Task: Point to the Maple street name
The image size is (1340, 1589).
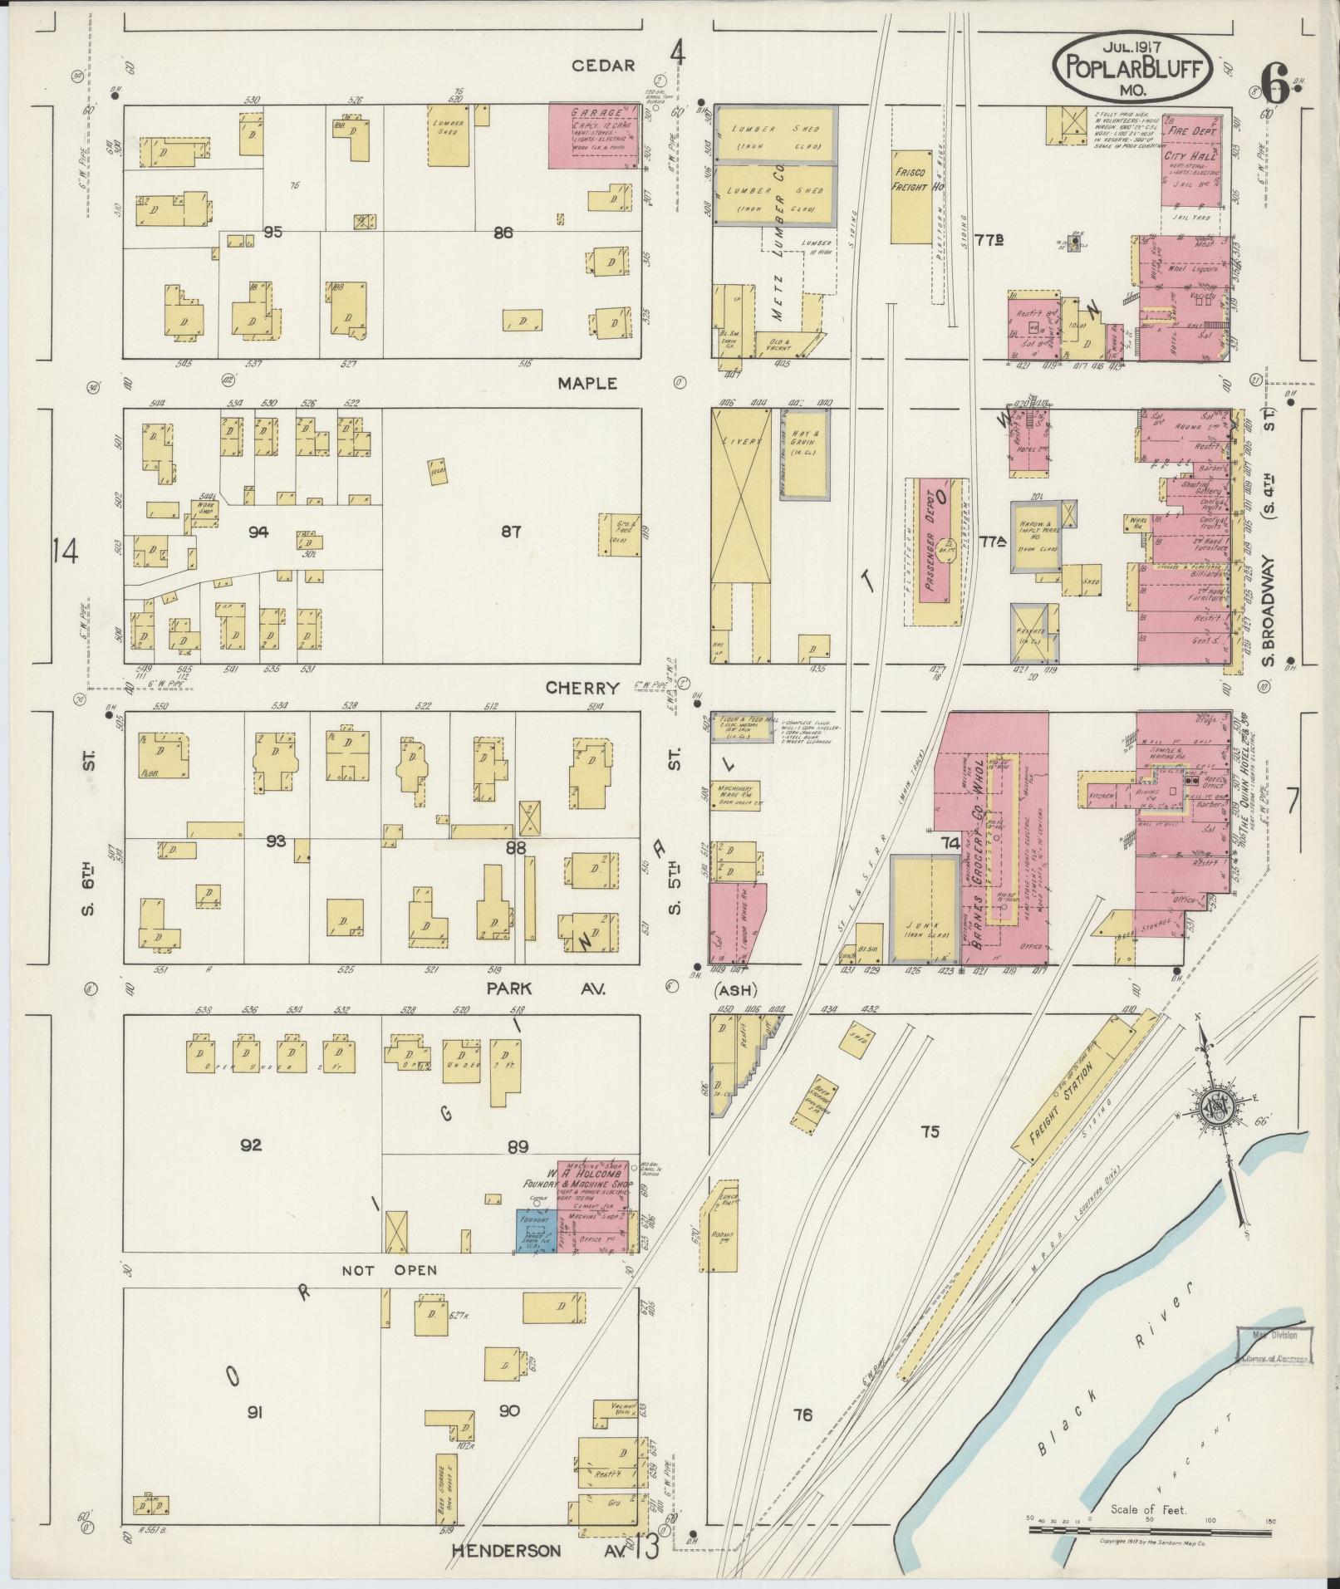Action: coord(587,383)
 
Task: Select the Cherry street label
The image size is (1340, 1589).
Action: coord(582,688)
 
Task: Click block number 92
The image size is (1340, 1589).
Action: coord(251,1145)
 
